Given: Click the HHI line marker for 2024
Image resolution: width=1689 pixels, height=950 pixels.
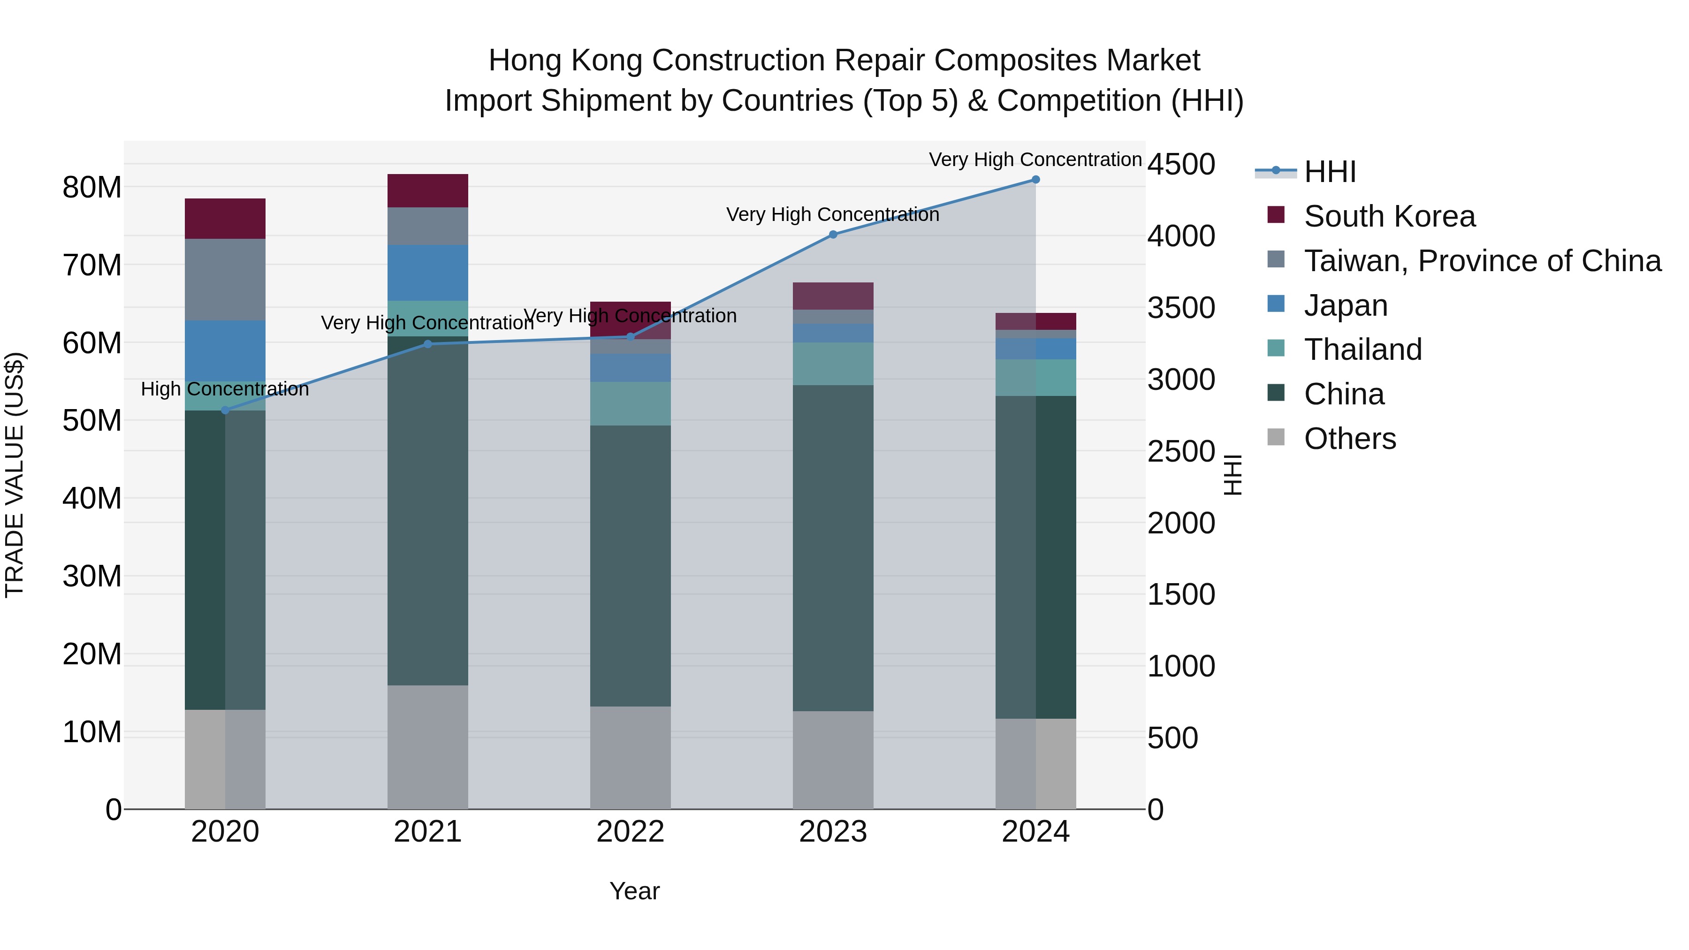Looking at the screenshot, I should pyautogui.click(x=1035, y=180).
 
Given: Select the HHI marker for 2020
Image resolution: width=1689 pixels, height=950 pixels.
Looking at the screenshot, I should pyautogui.click(x=225, y=410).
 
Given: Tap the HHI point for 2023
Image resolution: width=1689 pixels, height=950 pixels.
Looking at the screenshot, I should pyautogui.click(x=833, y=235).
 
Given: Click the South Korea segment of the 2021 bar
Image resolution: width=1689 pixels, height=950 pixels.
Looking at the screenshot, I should pyautogui.click(x=427, y=191).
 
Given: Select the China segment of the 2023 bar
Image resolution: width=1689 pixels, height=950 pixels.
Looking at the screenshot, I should pyautogui.click(x=833, y=547).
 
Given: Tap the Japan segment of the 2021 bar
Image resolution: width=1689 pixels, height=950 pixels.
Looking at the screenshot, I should pyautogui.click(x=427, y=273).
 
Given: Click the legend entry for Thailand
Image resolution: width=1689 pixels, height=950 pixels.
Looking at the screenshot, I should pyautogui.click(x=1362, y=350).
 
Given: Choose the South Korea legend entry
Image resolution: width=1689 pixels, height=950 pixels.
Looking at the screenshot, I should pyautogui.click(x=1389, y=216).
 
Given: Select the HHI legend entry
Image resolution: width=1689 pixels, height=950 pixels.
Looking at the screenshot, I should pyautogui.click(x=1330, y=172).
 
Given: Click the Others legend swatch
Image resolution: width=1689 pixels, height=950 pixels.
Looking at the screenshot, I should pyautogui.click(x=1276, y=437).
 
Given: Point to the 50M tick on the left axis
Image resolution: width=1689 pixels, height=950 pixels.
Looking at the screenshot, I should pyautogui.click(x=92, y=421).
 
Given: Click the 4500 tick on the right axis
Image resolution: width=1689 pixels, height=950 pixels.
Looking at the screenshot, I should pyautogui.click(x=1181, y=165).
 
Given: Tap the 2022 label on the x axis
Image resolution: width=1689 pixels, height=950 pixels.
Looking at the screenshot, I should pyautogui.click(x=630, y=832).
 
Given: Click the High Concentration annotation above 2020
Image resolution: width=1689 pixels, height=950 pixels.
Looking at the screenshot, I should pyautogui.click(x=225, y=389).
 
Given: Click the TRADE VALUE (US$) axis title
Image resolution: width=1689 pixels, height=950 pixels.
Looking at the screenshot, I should pyautogui.click(x=15, y=475).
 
